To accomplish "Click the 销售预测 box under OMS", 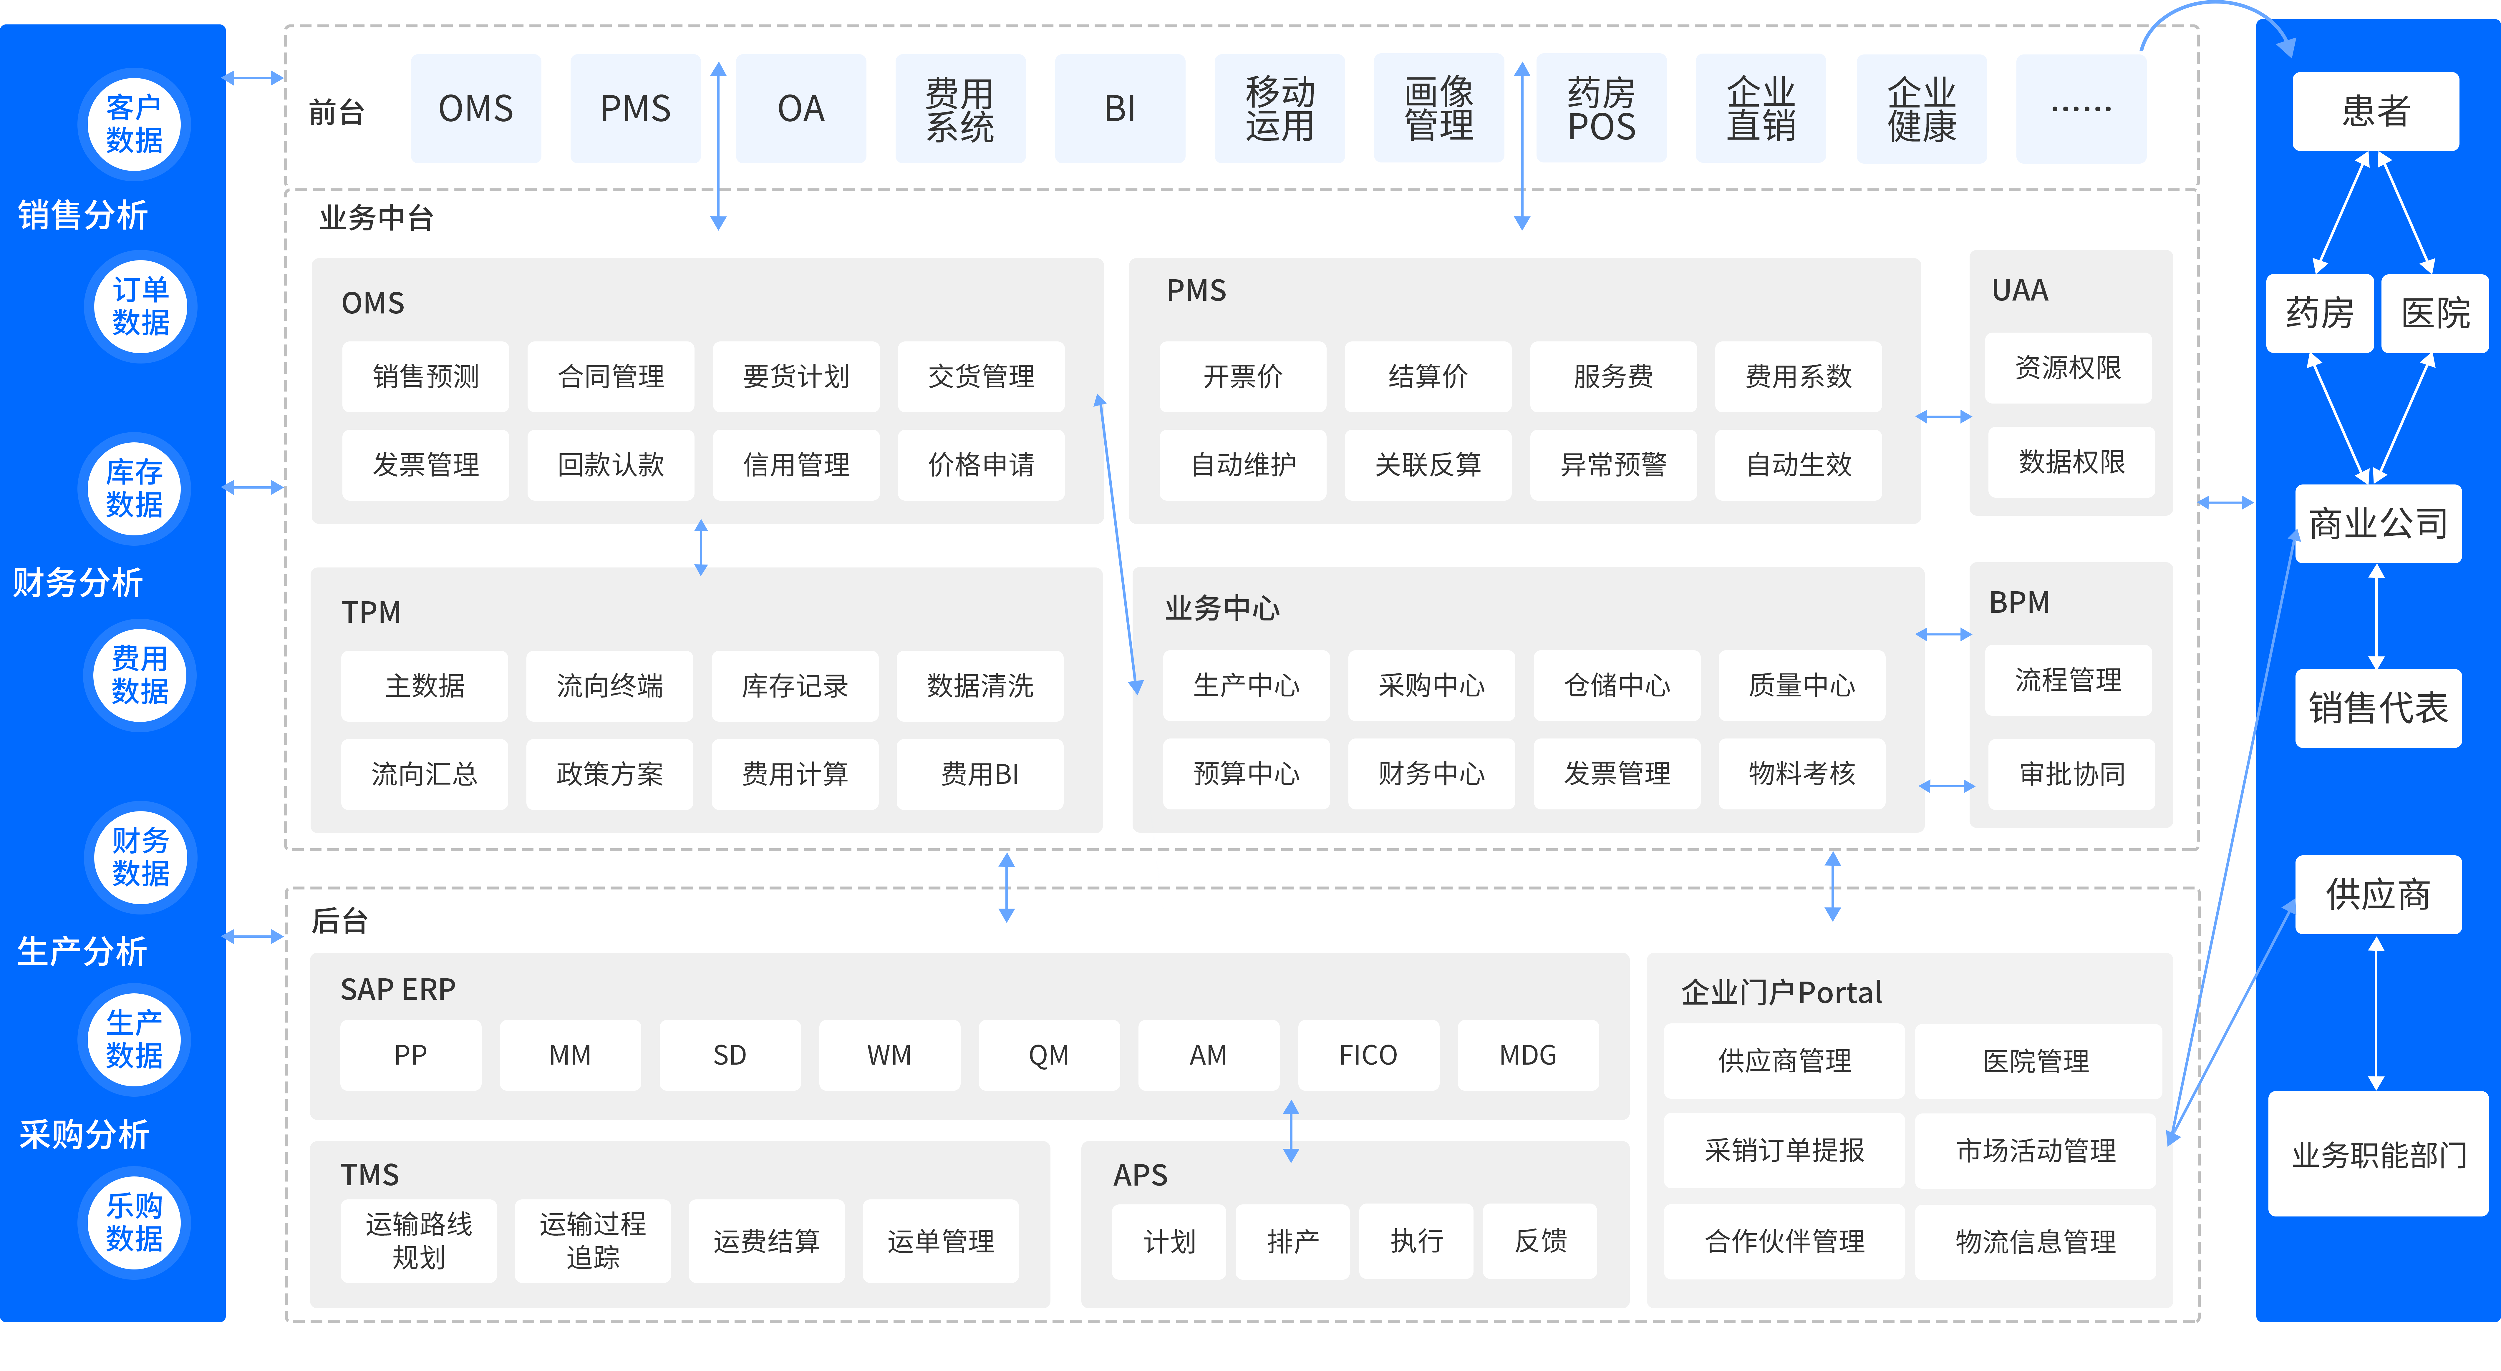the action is pyautogui.click(x=425, y=377).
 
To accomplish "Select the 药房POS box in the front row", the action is pyautogui.click(x=1601, y=109).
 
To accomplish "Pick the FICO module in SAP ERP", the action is pyautogui.click(x=1368, y=1055).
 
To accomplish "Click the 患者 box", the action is pyautogui.click(x=2376, y=111).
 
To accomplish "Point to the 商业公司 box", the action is pyautogui.click(x=2378, y=523).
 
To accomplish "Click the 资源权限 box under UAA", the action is pyautogui.click(x=2069, y=368).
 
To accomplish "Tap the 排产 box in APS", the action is pyautogui.click(x=1292, y=1241).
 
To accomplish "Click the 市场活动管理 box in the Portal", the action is pyautogui.click(x=2036, y=1151).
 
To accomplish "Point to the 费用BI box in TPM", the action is pyautogui.click(x=979, y=774).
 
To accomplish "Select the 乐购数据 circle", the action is pyautogui.click(x=134, y=1221).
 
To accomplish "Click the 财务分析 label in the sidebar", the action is pyautogui.click(x=78, y=582).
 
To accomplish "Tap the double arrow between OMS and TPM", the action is pyautogui.click(x=701, y=548).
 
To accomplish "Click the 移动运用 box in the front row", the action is pyautogui.click(x=1279, y=109).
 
